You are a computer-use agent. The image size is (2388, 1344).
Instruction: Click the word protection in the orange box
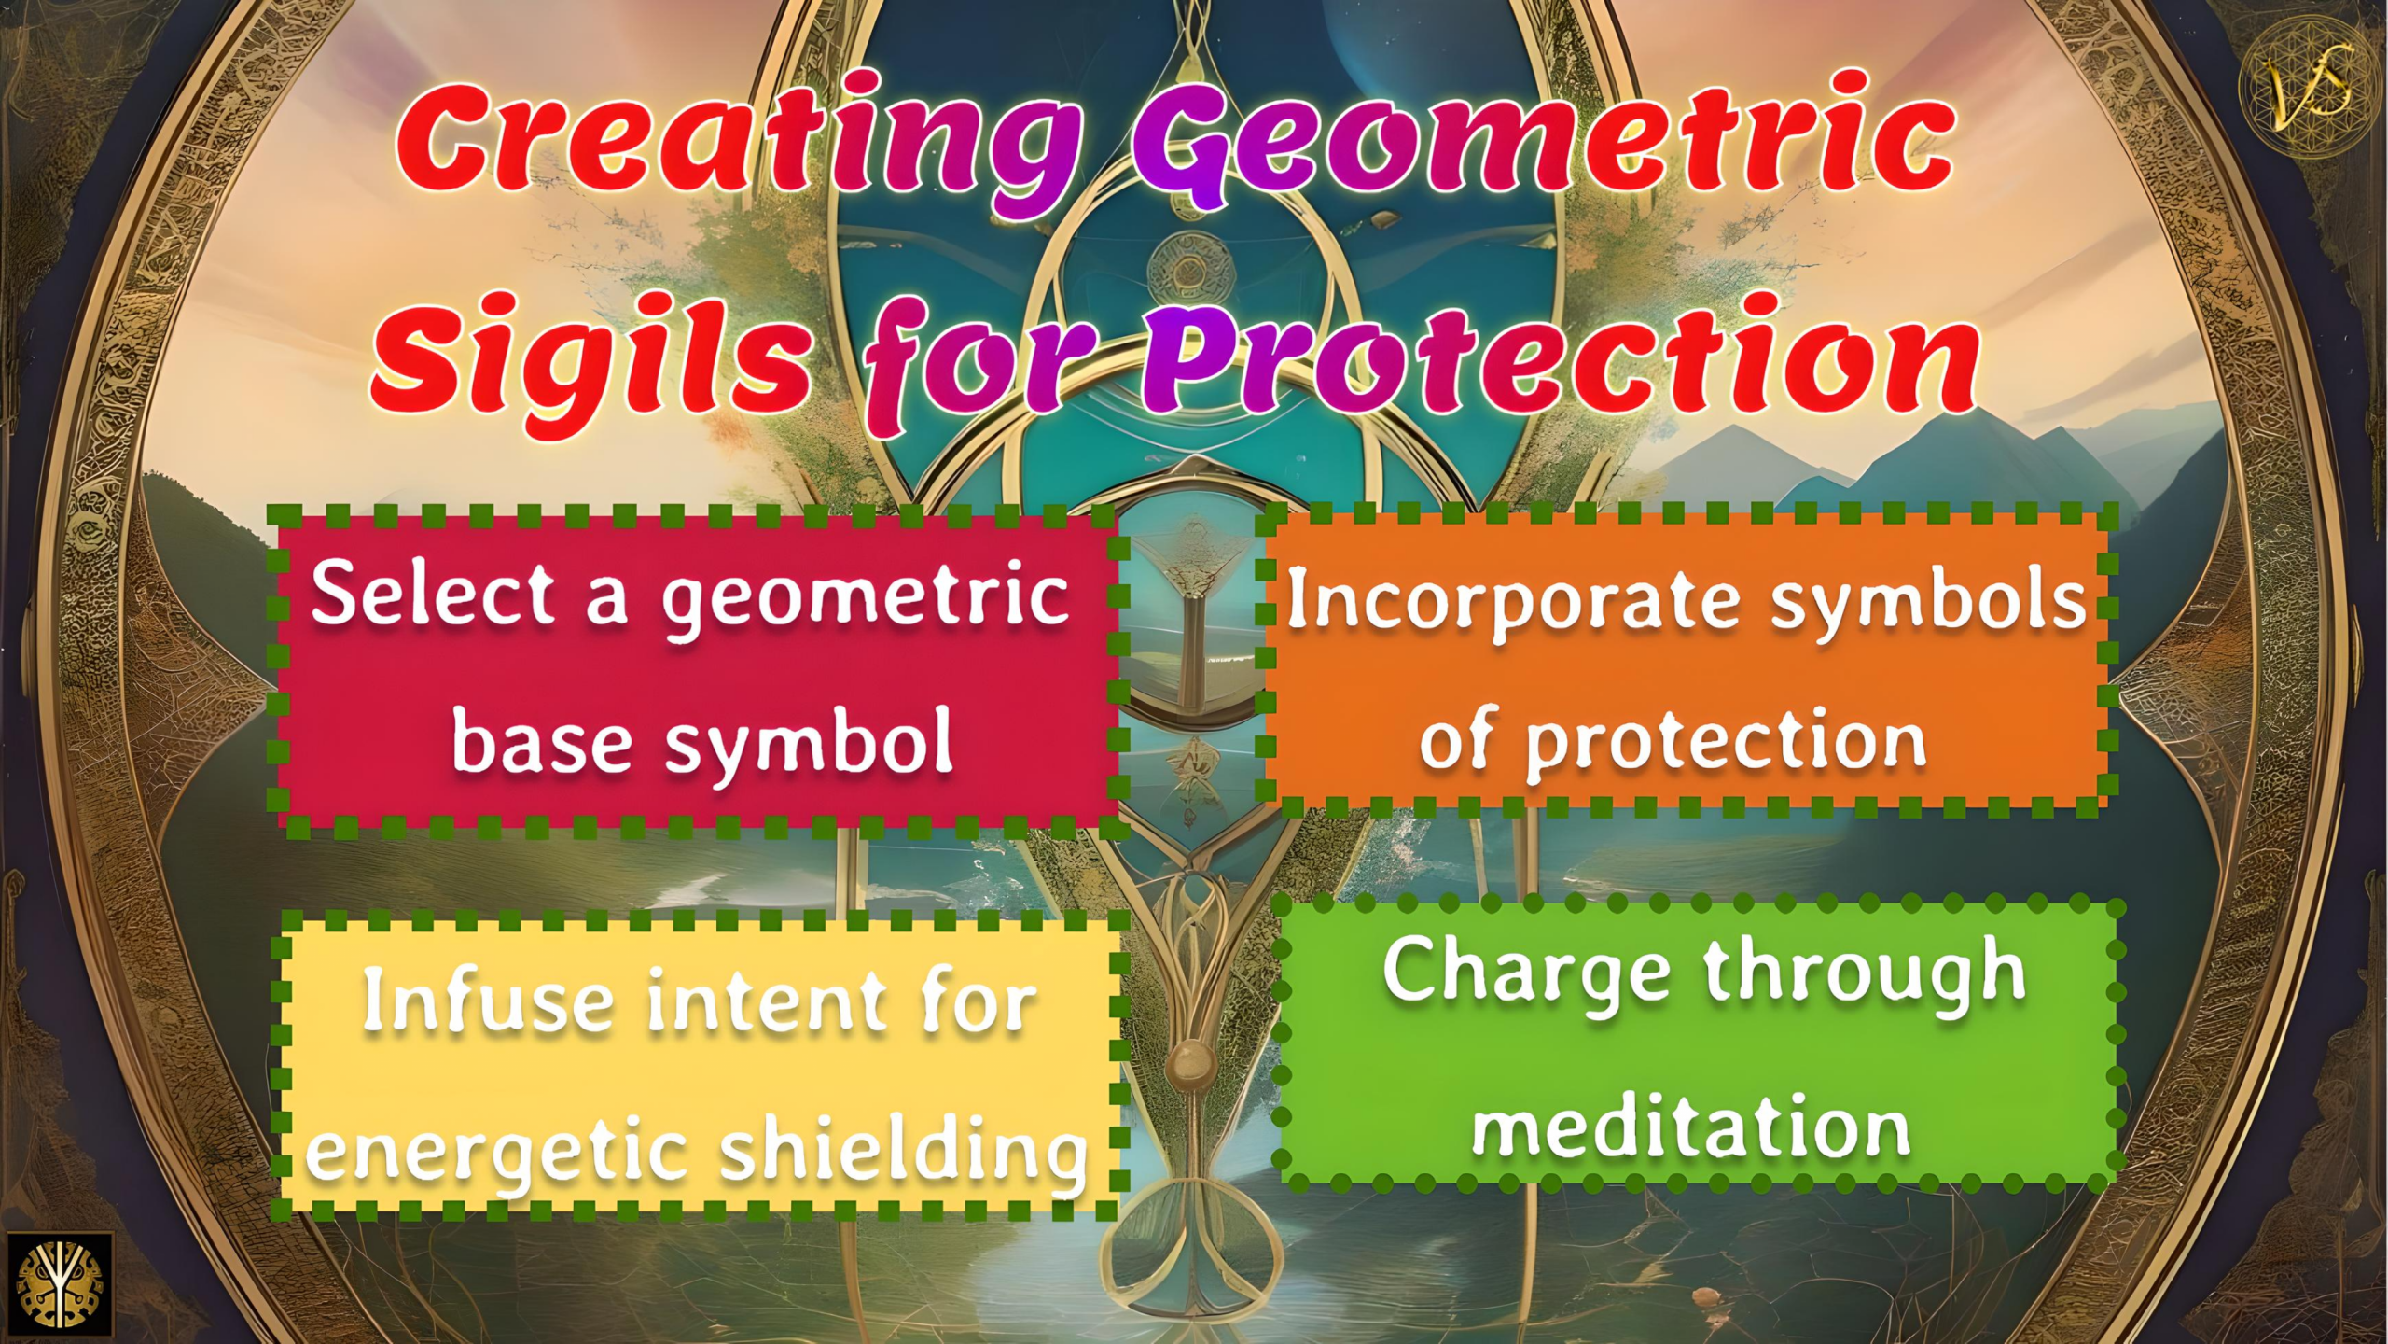coord(1726,742)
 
